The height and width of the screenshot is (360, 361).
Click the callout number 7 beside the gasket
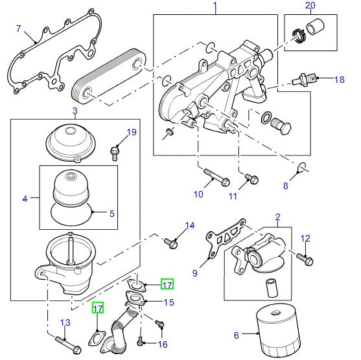coord(18,28)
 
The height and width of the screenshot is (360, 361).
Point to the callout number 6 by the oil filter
coord(236,335)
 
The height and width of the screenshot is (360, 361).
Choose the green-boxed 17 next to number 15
coord(167,284)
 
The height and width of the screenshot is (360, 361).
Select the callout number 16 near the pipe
coord(162,344)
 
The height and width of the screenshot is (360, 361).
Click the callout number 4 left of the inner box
coord(25,199)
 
